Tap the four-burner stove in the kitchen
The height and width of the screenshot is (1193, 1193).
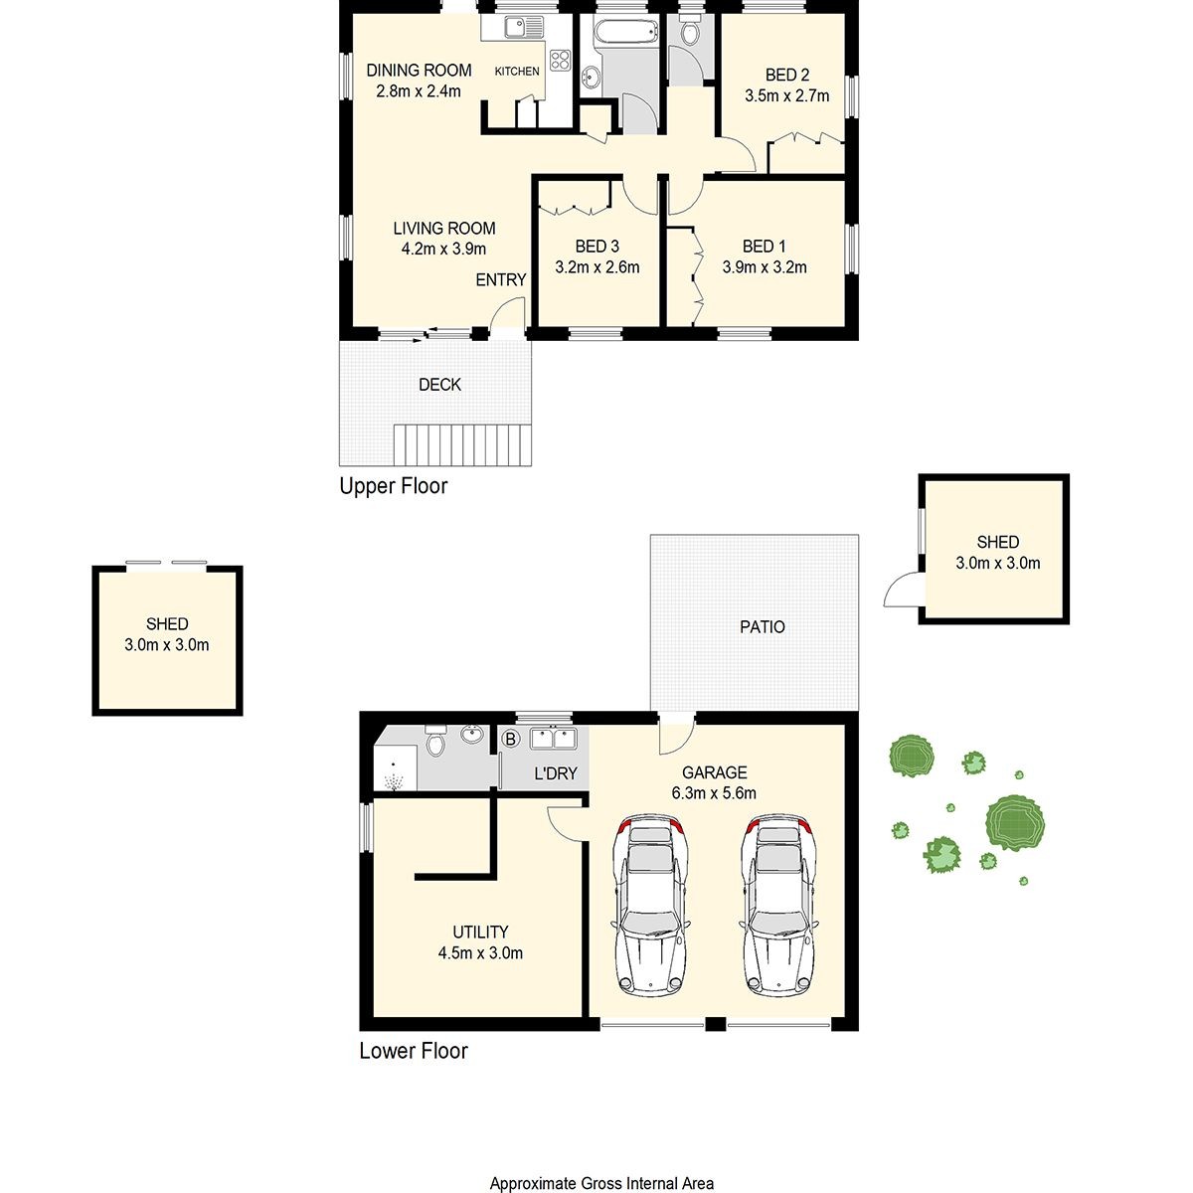pyautogui.click(x=560, y=60)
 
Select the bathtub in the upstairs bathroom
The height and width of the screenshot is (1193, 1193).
pyautogui.click(x=625, y=30)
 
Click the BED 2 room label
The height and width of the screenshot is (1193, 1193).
pyautogui.click(x=786, y=75)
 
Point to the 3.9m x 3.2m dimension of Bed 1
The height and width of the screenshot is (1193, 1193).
pyautogui.click(x=764, y=267)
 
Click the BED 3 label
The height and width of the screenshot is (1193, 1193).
pyautogui.click(x=596, y=247)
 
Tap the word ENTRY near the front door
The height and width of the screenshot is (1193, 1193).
pyautogui.click(x=500, y=279)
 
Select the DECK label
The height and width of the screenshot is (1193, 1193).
pyautogui.click(x=439, y=385)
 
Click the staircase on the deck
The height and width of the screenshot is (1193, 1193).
pyautogui.click(x=462, y=444)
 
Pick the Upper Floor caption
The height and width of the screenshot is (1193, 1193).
pyautogui.click(x=393, y=486)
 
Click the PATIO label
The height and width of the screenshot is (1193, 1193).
pyautogui.click(x=763, y=627)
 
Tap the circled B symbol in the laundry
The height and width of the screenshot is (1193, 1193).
pyautogui.click(x=511, y=739)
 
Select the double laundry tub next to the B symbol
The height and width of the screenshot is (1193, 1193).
pyautogui.click(x=554, y=739)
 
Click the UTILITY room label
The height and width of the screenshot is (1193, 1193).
pyautogui.click(x=480, y=932)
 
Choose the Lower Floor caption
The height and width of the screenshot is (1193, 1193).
pyautogui.click(x=413, y=1051)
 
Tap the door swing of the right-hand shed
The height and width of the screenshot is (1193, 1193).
pyautogui.click(x=903, y=589)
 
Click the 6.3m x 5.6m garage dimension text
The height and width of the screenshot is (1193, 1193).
pyautogui.click(x=714, y=793)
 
